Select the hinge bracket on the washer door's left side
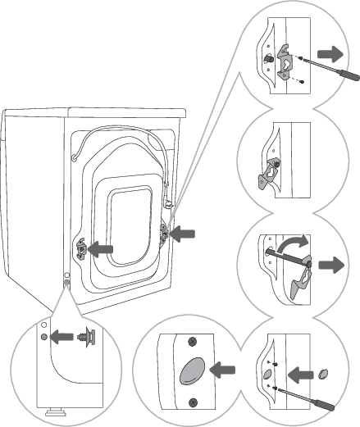81,246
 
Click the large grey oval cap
191,370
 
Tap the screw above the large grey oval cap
193,341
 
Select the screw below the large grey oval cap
193,400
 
